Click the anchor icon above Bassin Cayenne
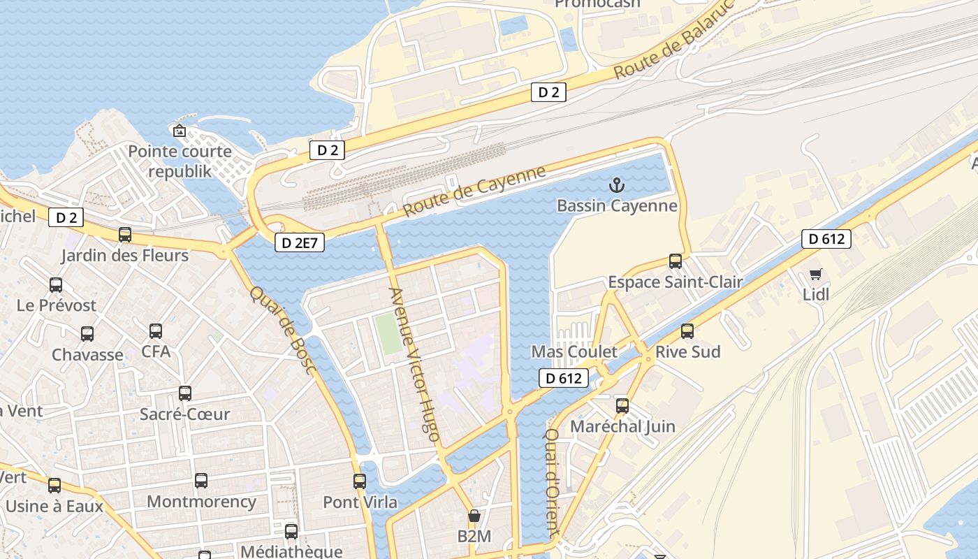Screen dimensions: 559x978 pyautogui.click(x=616, y=185)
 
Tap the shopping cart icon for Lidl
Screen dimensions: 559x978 pyautogui.click(x=815, y=275)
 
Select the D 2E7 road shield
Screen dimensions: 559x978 pyautogui.click(x=299, y=242)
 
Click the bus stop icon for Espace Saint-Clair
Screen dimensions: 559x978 pyautogui.click(x=675, y=261)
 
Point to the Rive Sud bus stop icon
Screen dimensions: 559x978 pyautogui.click(x=687, y=331)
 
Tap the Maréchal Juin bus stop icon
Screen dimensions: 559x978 pyautogui.click(x=622, y=406)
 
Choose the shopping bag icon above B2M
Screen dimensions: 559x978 pyautogui.click(x=474, y=516)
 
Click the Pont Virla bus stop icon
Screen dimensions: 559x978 pyautogui.click(x=360, y=481)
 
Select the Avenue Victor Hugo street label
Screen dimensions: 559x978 pyautogui.click(x=414, y=364)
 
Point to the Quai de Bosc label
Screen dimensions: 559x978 pyautogui.click(x=283, y=329)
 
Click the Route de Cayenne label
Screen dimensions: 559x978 pyautogui.click(x=474, y=191)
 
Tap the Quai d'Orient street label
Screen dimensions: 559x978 pyautogui.click(x=552, y=482)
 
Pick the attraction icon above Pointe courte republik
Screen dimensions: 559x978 pyautogui.click(x=180, y=131)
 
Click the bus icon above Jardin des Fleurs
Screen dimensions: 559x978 pyautogui.click(x=125, y=235)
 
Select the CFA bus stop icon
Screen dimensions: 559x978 pyautogui.click(x=156, y=331)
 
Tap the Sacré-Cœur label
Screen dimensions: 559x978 pyautogui.click(x=184, y=414)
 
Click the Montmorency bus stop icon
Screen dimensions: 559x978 pyautogui.click(x=201, y=481)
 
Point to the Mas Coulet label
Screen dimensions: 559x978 pyautogui.click(x=574, y=351)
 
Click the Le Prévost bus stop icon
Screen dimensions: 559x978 pyautogui.click(x=56, y=285)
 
